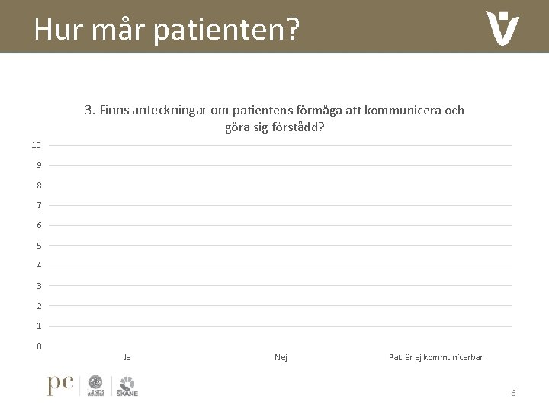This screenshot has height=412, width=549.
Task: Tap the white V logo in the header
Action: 502,29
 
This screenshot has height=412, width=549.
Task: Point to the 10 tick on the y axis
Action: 36,145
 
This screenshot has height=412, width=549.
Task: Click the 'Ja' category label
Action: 127,357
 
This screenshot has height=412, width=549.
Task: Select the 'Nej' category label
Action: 281,357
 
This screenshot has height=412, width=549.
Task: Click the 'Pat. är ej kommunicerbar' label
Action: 435,357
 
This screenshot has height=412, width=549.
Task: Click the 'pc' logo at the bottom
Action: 60,385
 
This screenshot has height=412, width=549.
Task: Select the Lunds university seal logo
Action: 96,385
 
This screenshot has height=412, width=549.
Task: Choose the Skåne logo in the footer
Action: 127,385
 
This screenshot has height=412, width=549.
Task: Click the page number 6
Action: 513,393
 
